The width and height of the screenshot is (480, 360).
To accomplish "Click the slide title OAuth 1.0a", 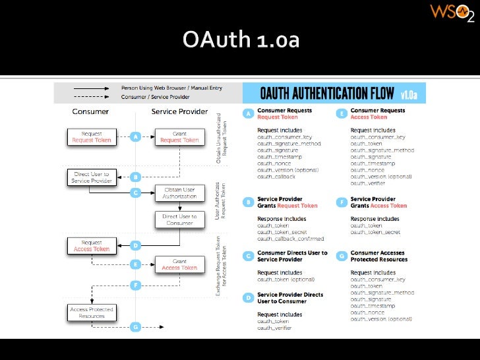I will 241,41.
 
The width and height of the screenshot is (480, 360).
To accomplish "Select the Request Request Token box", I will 92,137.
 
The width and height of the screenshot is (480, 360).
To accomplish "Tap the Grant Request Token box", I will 179,137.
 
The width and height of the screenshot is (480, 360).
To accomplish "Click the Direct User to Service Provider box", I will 90,177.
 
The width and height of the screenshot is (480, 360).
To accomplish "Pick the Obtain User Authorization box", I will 179,193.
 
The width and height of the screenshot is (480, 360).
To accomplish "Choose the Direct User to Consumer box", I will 179,220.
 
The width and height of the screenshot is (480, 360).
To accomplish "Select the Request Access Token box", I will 92,246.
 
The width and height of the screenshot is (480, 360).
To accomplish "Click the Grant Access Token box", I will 179,265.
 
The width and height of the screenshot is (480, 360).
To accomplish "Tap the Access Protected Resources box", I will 92,313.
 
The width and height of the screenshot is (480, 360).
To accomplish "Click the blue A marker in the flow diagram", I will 136,137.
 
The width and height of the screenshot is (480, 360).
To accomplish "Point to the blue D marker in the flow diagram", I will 136,246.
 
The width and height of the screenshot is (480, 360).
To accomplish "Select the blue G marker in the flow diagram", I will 136,326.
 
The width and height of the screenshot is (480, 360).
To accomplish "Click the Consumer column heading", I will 90,111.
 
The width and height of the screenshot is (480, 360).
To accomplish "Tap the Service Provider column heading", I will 179,111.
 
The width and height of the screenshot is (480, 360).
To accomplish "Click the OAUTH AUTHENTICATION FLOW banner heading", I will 327,92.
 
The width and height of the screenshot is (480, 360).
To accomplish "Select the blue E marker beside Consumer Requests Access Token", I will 342,113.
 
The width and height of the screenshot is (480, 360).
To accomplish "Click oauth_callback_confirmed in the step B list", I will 290,238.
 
